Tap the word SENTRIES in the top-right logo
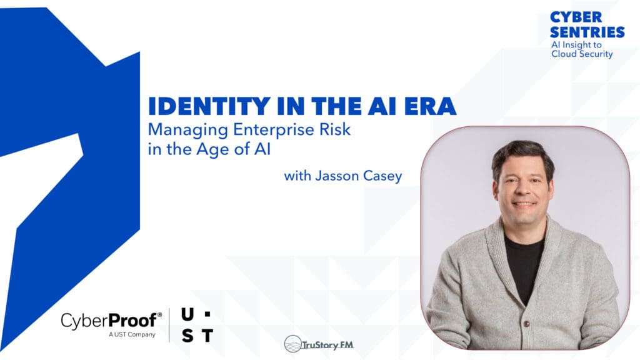point(587,31)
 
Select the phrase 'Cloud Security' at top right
point(582,54)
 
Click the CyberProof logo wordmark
point(111,321)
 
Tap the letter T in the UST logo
point(207,336)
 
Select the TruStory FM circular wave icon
point(293,343)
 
